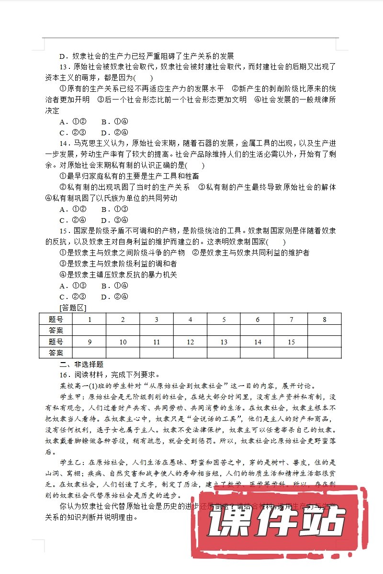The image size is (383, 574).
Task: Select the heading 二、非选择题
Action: pyautogui.click(x=81, y=364)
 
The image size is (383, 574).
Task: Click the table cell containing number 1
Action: pyautogui.click(x=90, y=319)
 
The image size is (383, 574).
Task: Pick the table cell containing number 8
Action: pyautogui.click(x=325, y=319)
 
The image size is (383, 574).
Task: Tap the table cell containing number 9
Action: pyautogui.click(x=90, y=342)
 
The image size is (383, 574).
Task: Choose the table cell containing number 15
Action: pyautogui.click(x=291, y=342)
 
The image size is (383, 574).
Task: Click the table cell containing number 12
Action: pyautogui.click(x=191, y=342)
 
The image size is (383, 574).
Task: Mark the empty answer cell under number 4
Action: pyautogui.click(x=191, y=330)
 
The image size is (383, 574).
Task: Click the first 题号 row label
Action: pyautogui.click(x=56, y=319)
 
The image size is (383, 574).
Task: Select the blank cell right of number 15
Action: pyautogui.click(x=325, y=342)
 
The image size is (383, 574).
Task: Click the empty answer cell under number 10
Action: pyautogui.click(x=123, y=353)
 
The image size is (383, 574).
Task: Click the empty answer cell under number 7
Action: pyautogui.click(x=291, y=330)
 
